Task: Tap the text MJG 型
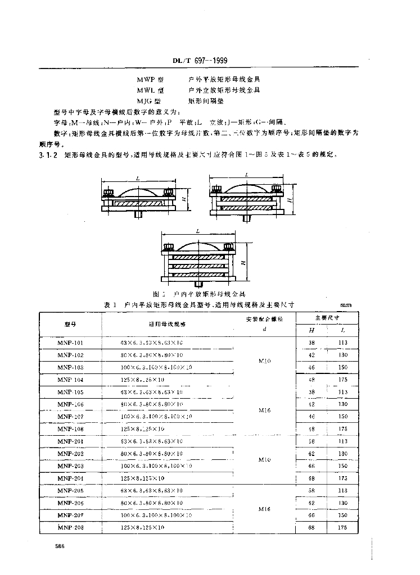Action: (149, 102)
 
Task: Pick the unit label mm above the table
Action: (346, 304)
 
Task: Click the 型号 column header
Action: (70, 324)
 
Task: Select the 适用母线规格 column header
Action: (167, 324)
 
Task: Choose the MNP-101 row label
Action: (70, 342)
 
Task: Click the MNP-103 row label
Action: (70, 367)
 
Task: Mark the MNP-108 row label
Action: (70, 428)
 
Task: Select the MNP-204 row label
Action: (70, 478)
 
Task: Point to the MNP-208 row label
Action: (70, 527)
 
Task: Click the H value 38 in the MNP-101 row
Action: (313, 342)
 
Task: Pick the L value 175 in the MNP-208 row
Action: (343, 527)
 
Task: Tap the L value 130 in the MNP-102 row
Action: (343, 355)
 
